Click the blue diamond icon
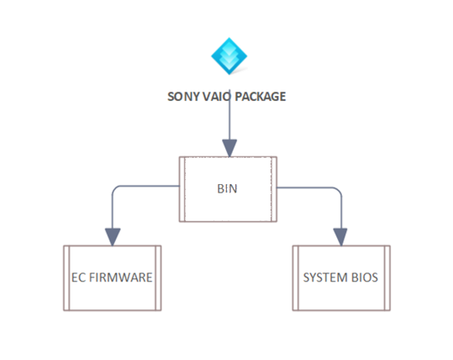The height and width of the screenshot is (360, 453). coord(229,56)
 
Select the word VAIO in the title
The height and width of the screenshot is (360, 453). coord(216,97)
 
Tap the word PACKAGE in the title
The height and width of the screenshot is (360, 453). coord(261,97)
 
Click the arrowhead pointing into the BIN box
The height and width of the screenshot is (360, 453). coord(229,148)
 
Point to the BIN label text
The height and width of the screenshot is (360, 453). coord(228,188)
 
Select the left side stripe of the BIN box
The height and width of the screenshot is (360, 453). coord(182,189)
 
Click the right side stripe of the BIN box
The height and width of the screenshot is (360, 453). coord(274,189)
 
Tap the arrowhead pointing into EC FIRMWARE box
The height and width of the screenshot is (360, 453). coord(113,237)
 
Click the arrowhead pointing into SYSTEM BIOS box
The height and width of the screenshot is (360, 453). coord(340,237)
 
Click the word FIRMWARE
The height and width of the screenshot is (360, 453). coord(120,278)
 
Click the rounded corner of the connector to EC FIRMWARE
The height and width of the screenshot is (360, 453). coord(115,188)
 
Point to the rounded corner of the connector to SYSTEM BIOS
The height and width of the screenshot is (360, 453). coord(339,191)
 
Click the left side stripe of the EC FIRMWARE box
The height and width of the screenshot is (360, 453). coord(66,278)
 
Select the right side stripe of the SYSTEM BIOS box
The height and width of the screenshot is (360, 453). coord(387,278)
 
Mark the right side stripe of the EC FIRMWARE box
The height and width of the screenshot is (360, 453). coord(158,278)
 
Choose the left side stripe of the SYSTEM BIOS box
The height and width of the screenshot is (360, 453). coord(296,278)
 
